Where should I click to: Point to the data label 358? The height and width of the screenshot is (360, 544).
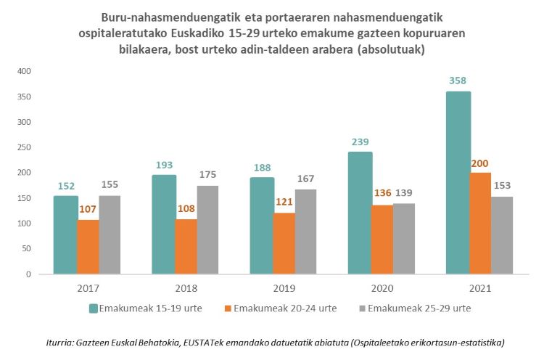[458, 81]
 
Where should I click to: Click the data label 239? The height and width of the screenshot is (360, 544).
[360, 142]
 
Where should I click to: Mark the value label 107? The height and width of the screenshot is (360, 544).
[89, 209]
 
